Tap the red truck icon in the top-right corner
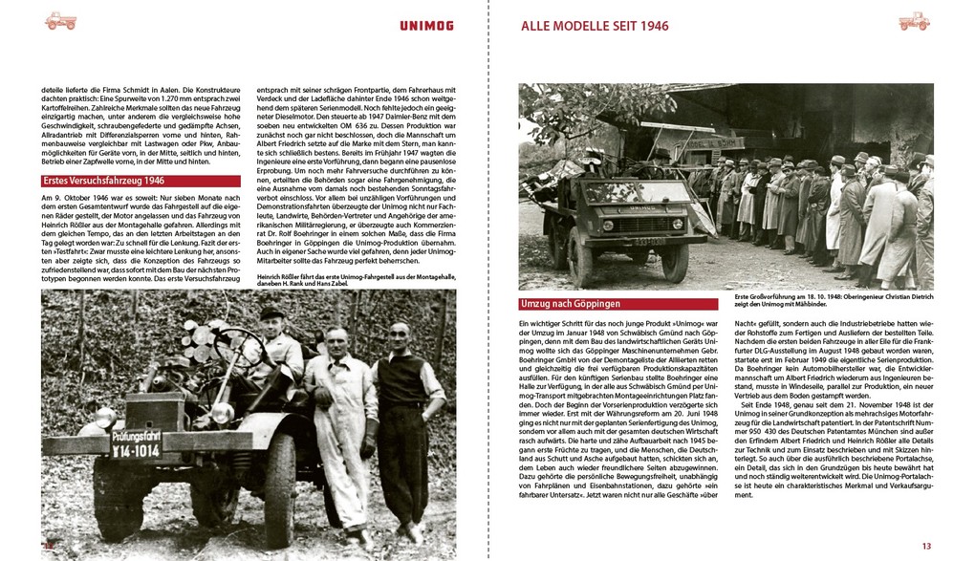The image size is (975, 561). tap(914, 21)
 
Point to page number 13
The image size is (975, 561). tap(925, 546)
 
